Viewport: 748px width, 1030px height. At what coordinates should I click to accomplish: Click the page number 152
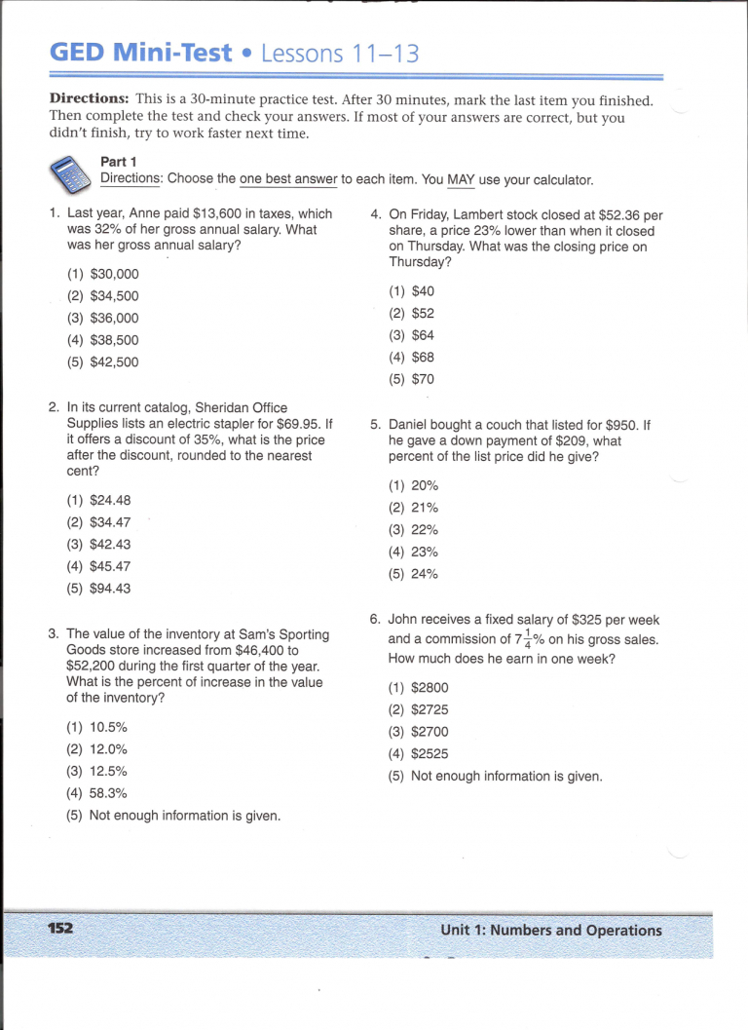tap(60, 928)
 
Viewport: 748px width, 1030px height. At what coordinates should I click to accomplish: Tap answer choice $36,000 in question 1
tap(113, 318)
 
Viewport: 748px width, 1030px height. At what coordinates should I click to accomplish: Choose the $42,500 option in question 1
tap(113, 362)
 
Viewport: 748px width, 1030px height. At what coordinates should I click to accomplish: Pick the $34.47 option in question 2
tap(109, 522)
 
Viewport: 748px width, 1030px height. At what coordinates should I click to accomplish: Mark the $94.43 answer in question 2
tap(109, 588)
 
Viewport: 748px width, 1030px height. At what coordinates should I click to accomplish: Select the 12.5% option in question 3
tap(108, 771)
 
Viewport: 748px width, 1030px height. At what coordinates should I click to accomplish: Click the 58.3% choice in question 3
tap(108, 793)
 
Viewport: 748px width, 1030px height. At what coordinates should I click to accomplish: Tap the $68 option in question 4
tap(423, 357)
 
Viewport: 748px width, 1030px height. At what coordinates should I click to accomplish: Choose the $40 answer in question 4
tap(423, 290)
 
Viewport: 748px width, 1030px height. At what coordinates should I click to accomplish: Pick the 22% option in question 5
tap(425, 529)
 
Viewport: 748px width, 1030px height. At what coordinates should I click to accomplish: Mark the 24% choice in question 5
tap(425, 574)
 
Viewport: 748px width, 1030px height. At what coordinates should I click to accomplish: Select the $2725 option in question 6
tap(430, 709)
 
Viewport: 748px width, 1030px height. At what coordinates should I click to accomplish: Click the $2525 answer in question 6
tap(430, 753)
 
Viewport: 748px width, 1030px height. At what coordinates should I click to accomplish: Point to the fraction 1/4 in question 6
tap(529, 639)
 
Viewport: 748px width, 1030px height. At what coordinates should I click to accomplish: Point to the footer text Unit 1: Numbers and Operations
tap(550, 930)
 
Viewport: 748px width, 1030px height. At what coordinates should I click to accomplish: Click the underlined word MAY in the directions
tap(460, 179)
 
